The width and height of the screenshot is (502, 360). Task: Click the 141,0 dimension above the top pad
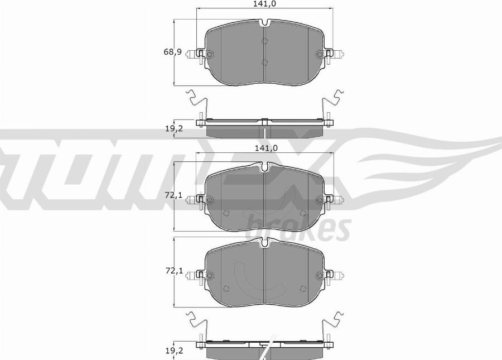[266, 4]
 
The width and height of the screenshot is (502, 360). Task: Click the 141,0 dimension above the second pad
[266, 148]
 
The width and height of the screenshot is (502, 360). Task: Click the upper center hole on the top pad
[265, 41]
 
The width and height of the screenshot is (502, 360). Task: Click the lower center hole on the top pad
[265, 62]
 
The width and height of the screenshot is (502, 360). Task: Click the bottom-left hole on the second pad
[226, 213]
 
